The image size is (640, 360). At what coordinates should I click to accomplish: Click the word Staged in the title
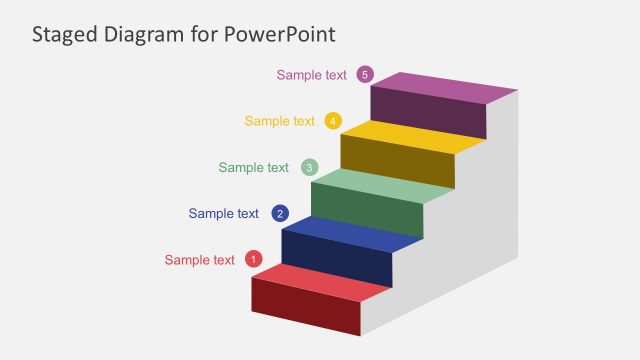(65, 34)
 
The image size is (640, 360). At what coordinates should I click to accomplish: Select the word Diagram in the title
(148, 34)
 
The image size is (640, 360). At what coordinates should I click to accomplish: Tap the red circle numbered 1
(253, 259)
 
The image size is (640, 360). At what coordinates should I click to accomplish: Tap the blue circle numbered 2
(281, 213)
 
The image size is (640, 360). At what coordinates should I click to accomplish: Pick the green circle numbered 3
(310, 167)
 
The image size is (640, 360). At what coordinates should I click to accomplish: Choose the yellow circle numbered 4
(334, 121)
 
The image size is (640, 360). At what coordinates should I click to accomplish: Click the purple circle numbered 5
(365, 74)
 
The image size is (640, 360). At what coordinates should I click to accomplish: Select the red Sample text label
(200, 260)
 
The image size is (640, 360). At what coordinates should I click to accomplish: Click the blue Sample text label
(224, 213)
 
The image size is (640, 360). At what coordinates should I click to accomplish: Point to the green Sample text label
(254, 167)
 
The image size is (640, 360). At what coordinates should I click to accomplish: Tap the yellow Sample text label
(280, 121)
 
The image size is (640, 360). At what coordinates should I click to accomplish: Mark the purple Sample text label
(312, 74)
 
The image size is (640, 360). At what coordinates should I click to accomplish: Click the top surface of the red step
(321, 281)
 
